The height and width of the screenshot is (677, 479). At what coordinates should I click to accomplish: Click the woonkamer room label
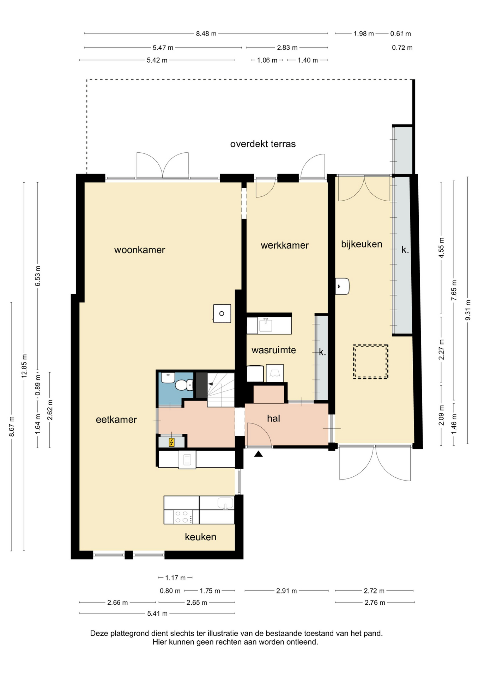140,250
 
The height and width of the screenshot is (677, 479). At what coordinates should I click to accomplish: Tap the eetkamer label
116,420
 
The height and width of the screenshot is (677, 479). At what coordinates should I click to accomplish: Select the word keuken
201,537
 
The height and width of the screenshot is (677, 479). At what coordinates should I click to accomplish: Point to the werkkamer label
285,245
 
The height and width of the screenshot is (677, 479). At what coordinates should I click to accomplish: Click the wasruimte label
274,350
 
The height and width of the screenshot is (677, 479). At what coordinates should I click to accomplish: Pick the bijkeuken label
362,244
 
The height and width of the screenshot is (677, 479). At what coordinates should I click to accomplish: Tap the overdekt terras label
263,144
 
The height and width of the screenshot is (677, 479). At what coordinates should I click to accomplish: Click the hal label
273,419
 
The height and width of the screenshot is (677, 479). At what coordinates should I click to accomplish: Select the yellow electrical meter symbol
172,442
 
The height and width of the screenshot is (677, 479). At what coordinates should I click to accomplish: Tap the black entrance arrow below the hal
259,454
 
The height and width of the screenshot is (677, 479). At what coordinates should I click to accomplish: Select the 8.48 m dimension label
206,34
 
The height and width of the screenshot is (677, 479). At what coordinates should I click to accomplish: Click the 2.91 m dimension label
286,591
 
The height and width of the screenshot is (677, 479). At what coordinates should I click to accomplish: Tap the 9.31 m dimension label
468,310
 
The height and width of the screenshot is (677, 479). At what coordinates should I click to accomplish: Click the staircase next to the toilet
221,389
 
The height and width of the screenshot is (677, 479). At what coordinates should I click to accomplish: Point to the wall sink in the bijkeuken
342,286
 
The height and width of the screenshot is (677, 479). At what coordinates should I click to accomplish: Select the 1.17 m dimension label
175,578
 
